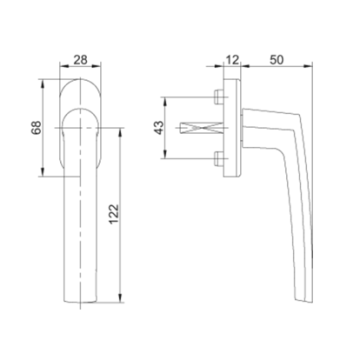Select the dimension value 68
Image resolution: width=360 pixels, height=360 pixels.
pos(36,131)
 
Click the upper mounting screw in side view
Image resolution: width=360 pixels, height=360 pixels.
pos(218,98)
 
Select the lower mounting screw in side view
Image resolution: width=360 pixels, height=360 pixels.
pos(218,156)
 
